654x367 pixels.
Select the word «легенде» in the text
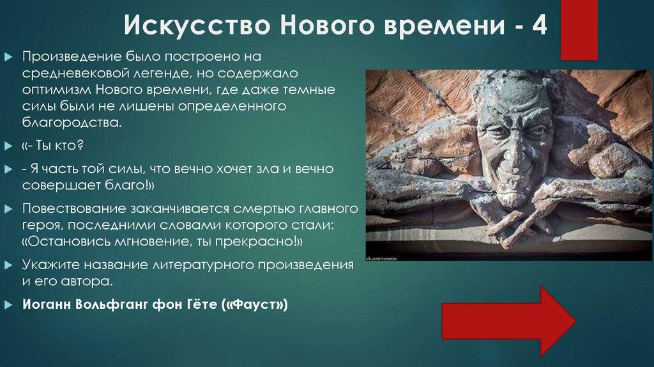pos(169,74)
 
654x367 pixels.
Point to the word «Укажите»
pos(47,265)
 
